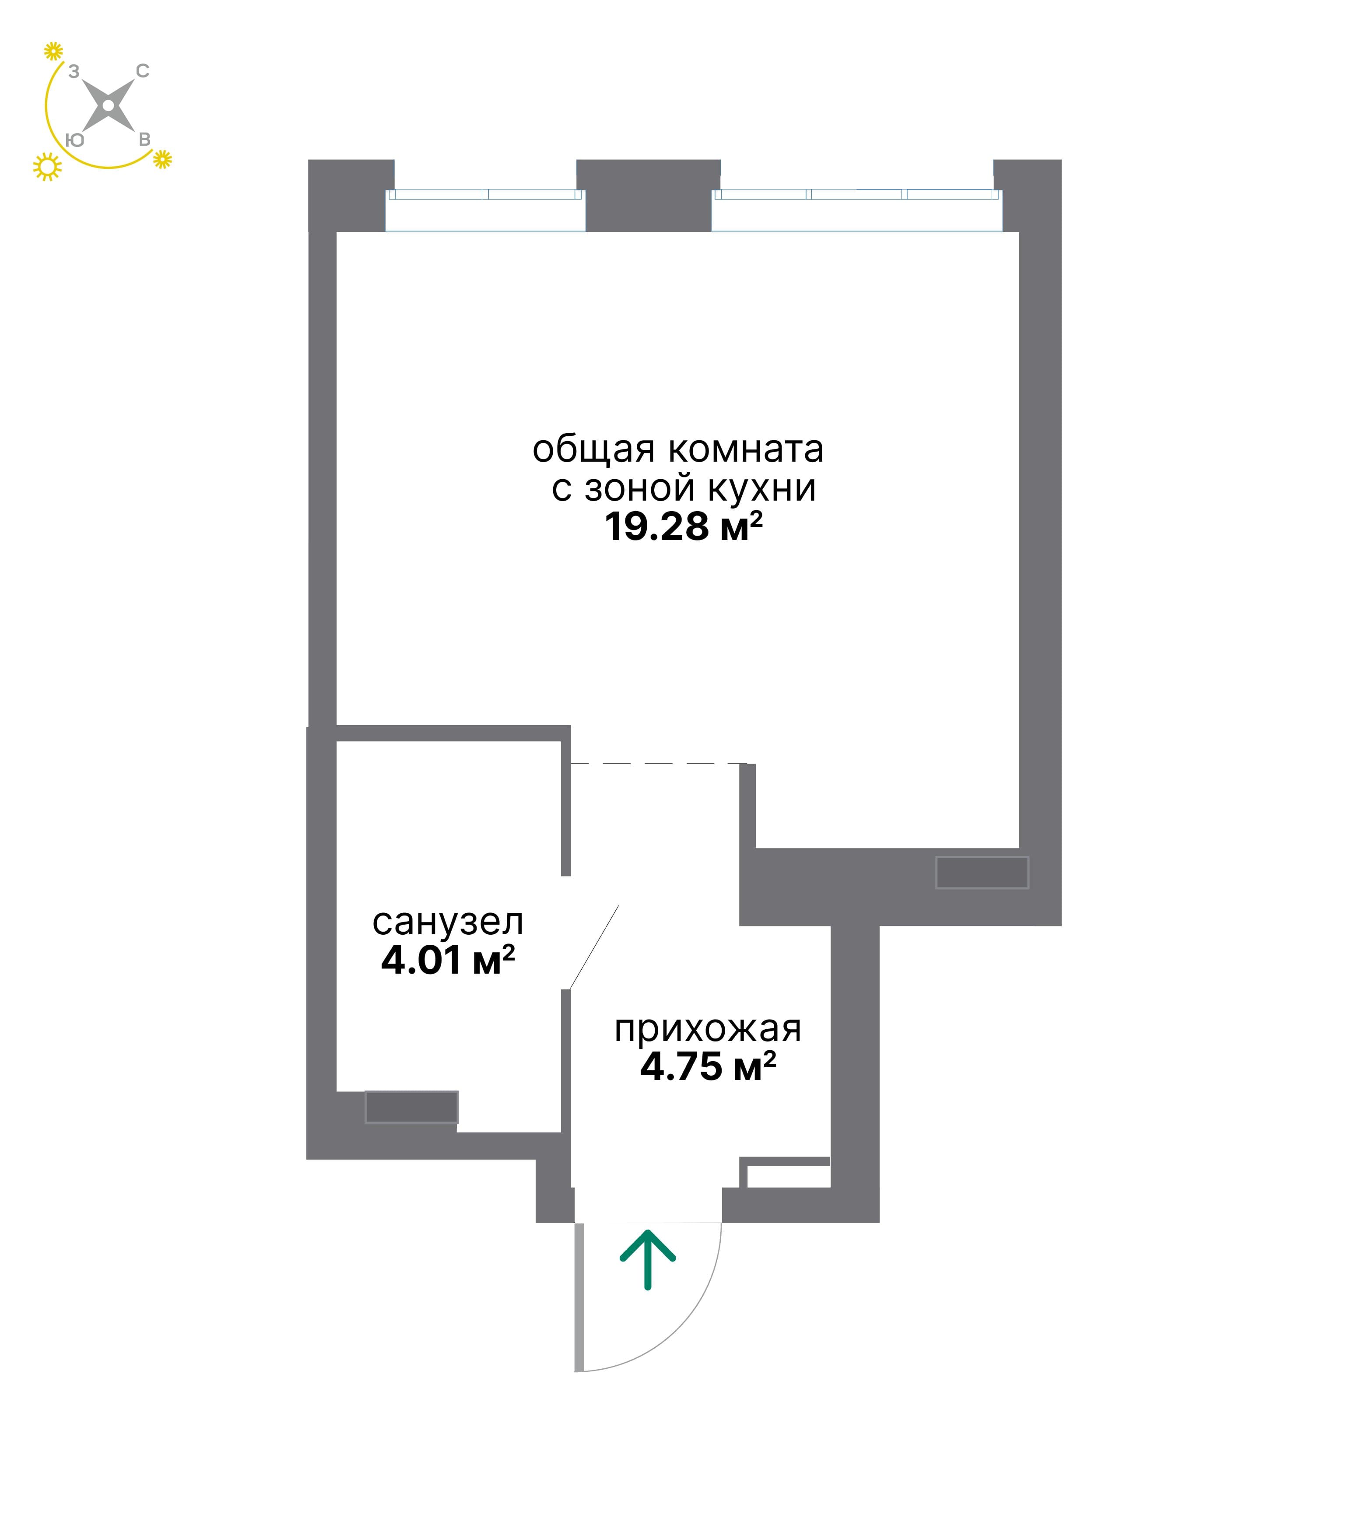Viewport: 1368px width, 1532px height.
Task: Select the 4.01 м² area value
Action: tap(448, 960)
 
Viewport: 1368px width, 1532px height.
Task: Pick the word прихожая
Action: tap(708, 1029)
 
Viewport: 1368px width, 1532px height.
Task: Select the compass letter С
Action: tap(143, 71)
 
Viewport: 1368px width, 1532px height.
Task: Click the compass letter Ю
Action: tap(74, 140)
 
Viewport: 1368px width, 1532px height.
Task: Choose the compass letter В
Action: tap(144, 140)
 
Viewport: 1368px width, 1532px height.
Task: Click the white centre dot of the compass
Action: tap(108, 106)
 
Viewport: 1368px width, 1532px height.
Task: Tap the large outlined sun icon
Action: tap(47, 167)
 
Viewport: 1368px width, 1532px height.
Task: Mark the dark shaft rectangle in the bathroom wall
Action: tap(411, 1107)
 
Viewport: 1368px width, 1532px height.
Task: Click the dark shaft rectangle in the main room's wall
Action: tap(982, 872)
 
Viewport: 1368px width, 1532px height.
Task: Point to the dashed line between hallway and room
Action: tap(659, 764)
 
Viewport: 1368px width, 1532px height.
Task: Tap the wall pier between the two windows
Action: tap(649, 196)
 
